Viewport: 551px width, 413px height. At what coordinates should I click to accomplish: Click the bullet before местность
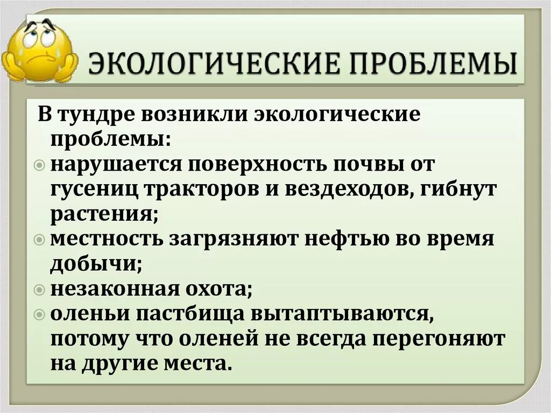[x=44, y=240]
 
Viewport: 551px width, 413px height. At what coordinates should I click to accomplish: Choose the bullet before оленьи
[x=44, y=313]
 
